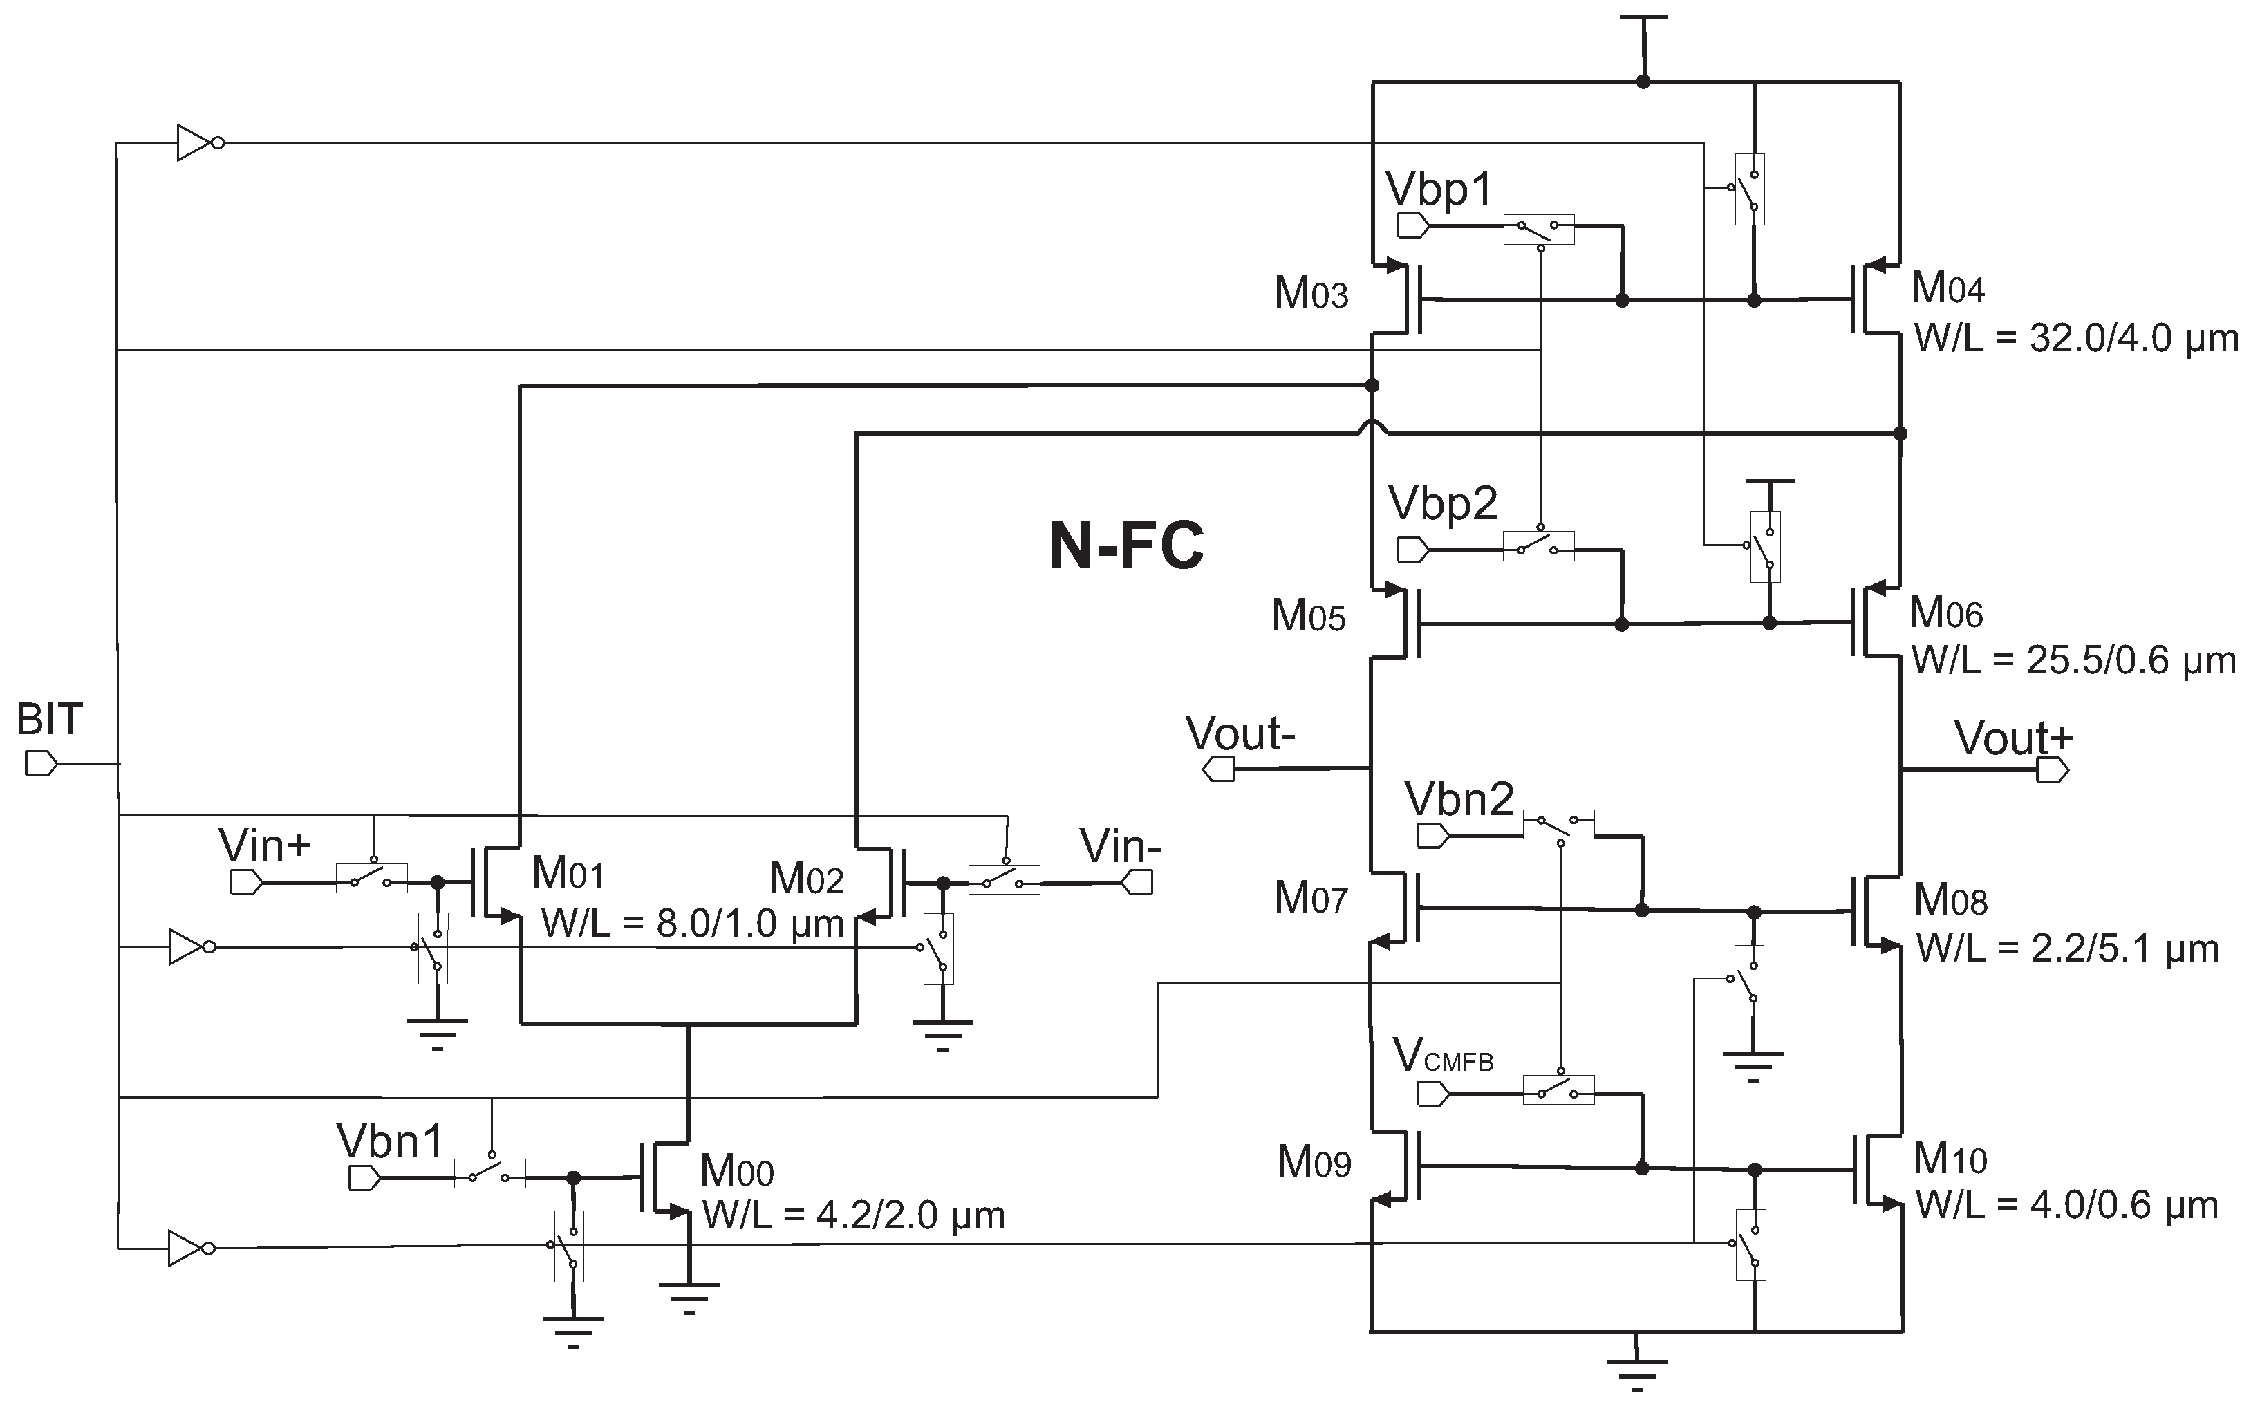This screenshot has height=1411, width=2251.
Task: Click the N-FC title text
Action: [1125, 547]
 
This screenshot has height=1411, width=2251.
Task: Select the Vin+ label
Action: [265, 846]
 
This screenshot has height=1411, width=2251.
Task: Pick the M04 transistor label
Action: [1948, 288]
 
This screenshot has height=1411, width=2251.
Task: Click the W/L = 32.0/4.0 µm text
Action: [2075, 339]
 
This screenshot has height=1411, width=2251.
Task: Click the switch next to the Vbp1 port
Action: [1539, 230]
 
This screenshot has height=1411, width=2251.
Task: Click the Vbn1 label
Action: [390, 1142]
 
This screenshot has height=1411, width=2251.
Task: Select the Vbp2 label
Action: [1442, 505]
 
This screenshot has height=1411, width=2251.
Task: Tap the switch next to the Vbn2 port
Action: [1558, 824]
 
